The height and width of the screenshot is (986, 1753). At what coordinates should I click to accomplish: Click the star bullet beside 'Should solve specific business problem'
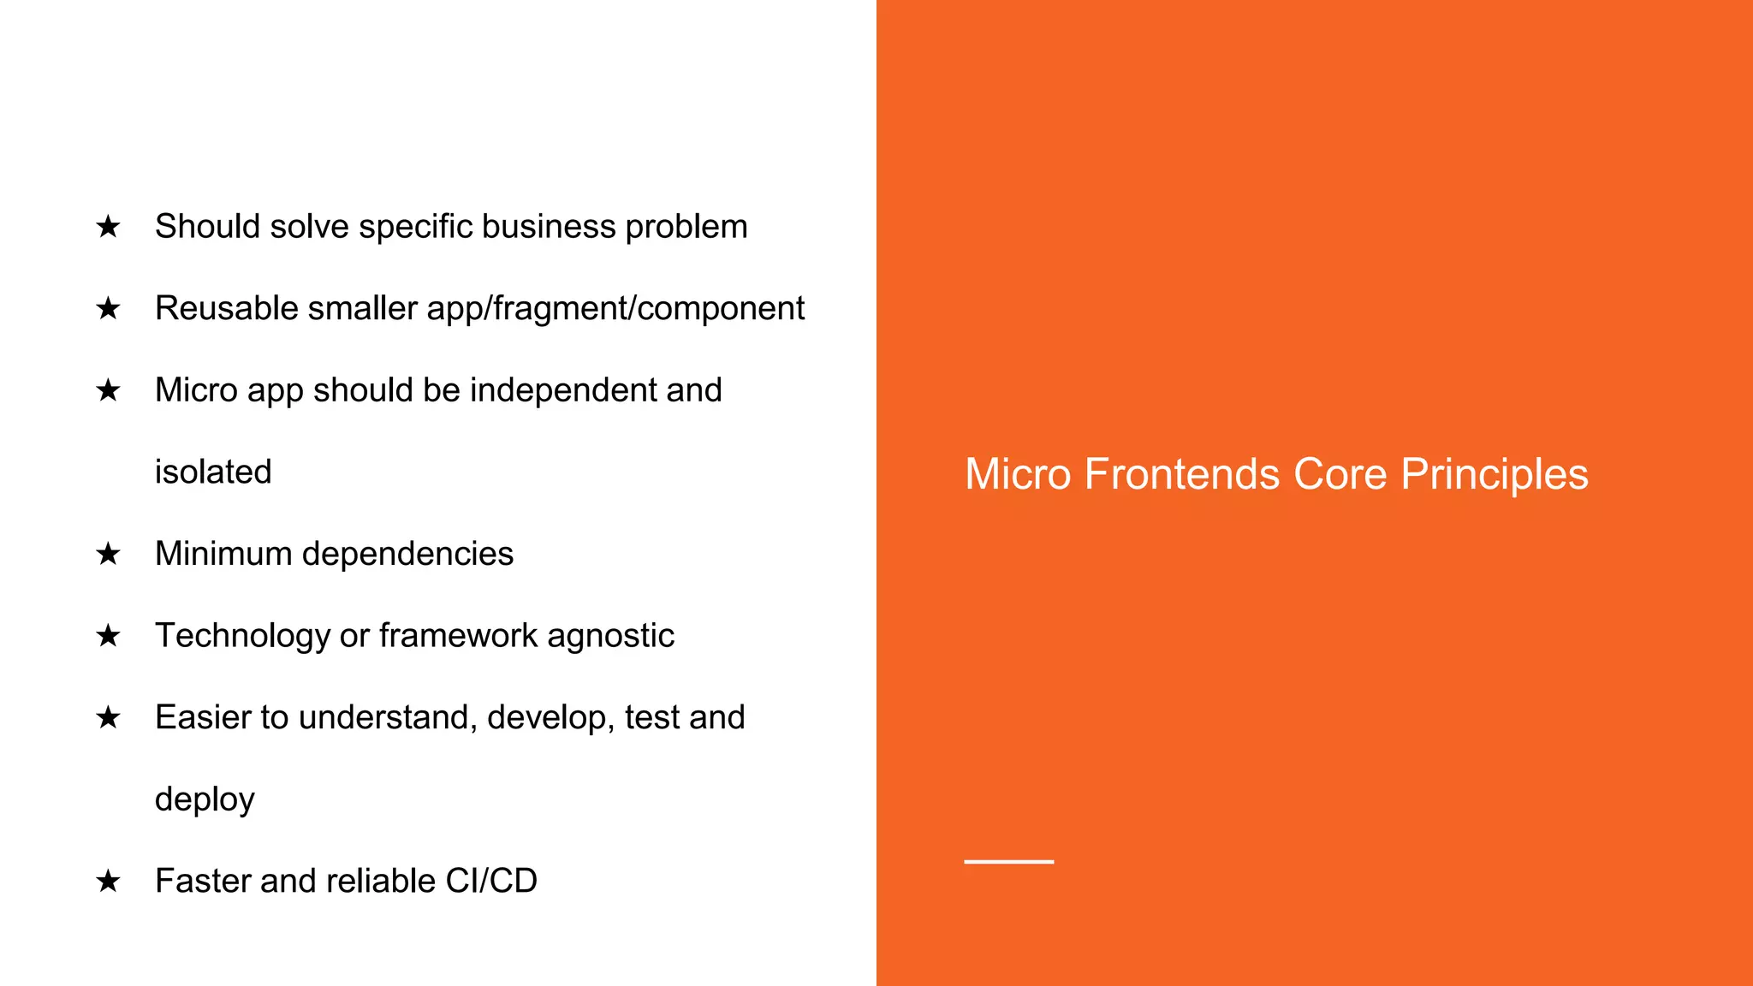(108, 227)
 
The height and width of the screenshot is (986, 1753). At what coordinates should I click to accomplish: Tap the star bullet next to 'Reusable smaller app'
(108, 308)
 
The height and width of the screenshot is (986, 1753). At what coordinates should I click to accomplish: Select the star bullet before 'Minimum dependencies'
(108, 554)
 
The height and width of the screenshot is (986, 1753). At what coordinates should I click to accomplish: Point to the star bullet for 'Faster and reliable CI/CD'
(108, 881)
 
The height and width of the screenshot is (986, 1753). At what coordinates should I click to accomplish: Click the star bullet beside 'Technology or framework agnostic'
(108, 636)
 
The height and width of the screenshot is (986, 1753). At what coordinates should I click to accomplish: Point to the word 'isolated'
(213, 472)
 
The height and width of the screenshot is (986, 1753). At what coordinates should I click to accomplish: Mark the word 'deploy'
(205, 800)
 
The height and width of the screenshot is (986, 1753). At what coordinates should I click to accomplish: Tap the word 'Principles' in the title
(1495, 475)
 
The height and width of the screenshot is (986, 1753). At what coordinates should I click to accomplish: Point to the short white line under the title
(1008, 861)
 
